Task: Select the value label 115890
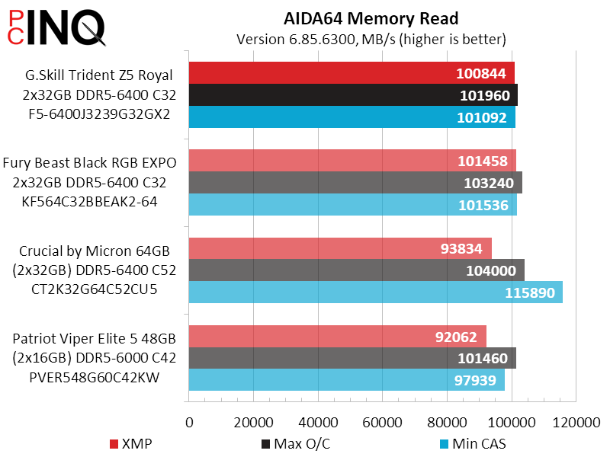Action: (x=529, y=292)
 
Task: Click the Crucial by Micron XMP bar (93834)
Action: (x=339, y=248)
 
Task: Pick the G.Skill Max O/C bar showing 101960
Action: (x=352, y=95)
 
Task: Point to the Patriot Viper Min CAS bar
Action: (x=346, y=380)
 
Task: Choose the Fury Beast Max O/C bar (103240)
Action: (x=355, y=183)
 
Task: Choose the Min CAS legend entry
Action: (x=473, y=444)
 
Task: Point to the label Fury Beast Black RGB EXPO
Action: (x=90, y=162)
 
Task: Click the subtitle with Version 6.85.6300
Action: (x=371, y=39)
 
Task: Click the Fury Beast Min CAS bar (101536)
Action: (x=352, y=205)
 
